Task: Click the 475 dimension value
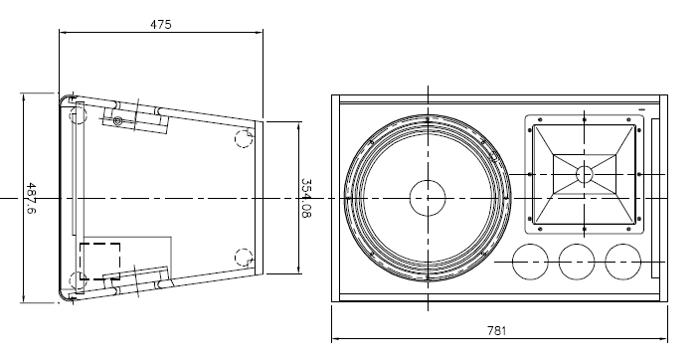coord(160,24)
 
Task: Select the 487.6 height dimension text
coord(31,198)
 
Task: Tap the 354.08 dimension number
coord(306,198)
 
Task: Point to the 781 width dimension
coord(496,330)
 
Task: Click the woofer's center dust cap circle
coord(428,198)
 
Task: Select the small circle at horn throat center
coord(585,174)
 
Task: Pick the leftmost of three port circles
coord(530,262)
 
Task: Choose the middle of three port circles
coord(577,262)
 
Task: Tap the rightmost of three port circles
coord(623,262)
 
